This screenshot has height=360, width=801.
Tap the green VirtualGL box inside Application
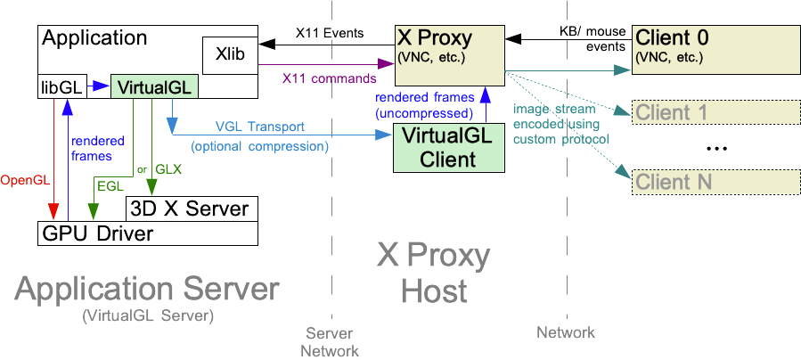pyautogui.click(x=152, y=87)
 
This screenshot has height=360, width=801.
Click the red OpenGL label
pyautogui.click(x=27, y=180)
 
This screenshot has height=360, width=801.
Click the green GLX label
pyautogui.click(x=169, y=167)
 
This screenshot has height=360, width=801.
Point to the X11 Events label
pyautogui.click(x=331, y=34)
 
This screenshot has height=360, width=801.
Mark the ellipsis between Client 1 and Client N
pyautogui.click(x=717, y=150)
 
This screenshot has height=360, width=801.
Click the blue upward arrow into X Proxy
pyautogui.click(x=485, y=103)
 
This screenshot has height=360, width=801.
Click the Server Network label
pyautogui.click(x=331, y=341)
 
